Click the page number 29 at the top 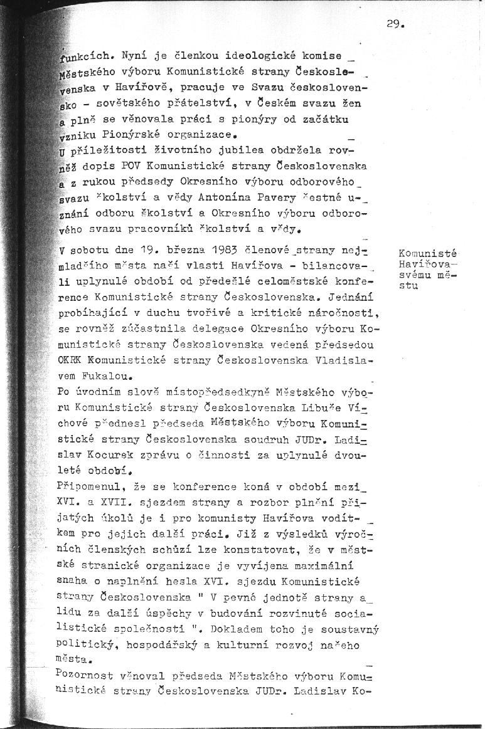click(396, 26)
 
